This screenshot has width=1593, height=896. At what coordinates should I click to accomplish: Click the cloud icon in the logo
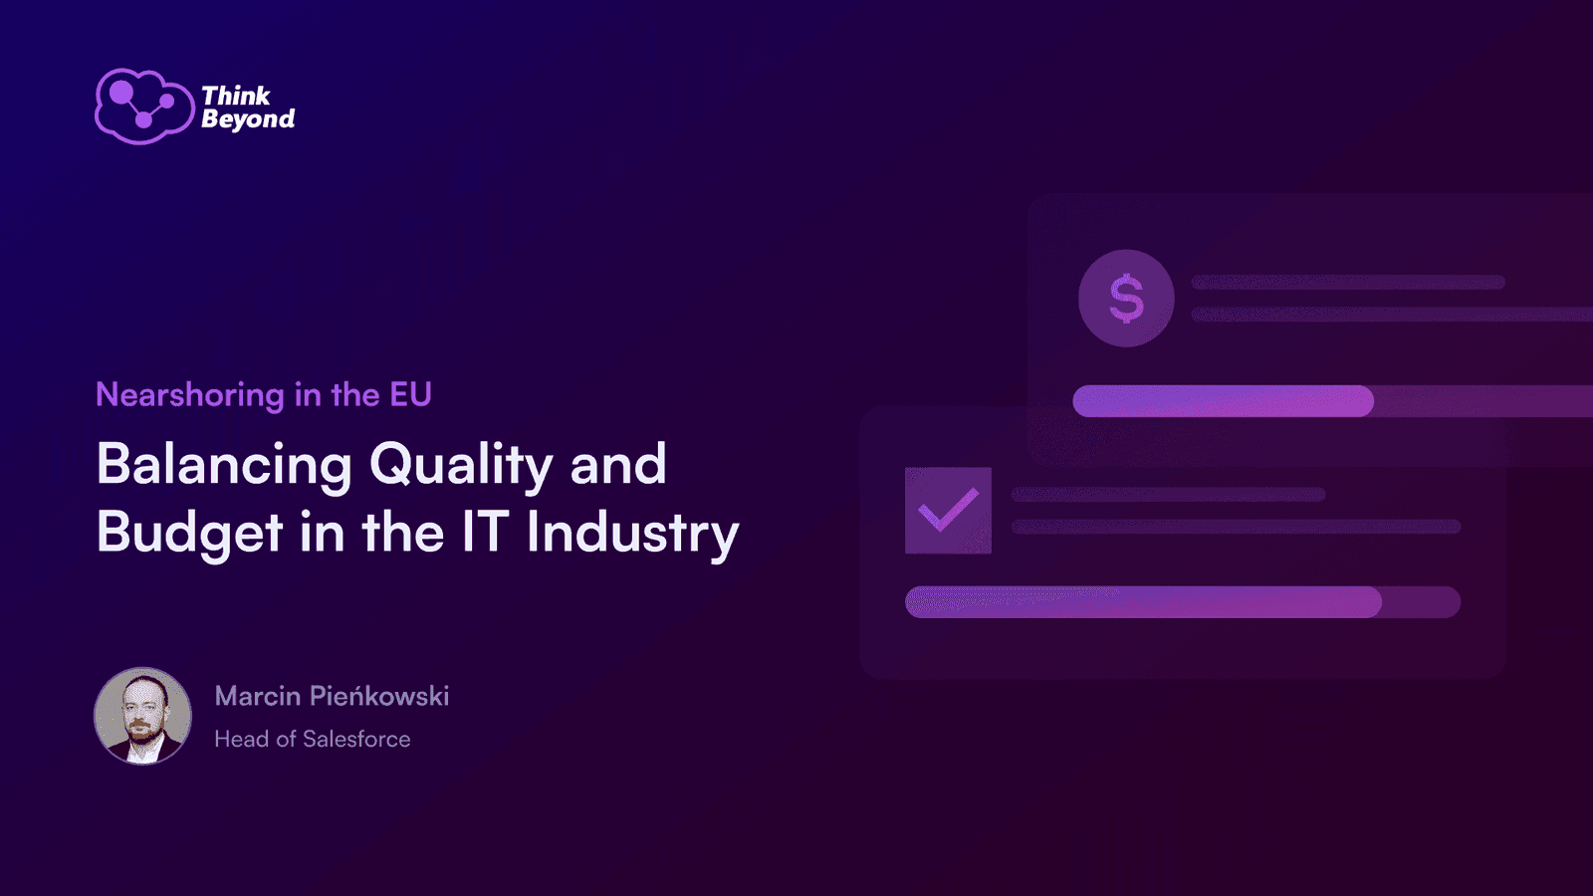click(x=144, y=107)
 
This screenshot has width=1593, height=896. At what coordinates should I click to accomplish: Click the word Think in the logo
click(x=235, y=96)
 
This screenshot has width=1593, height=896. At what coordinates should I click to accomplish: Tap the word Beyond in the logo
click(x=248, y=118)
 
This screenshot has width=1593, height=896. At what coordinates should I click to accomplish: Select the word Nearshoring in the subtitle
click(x=190, y=394)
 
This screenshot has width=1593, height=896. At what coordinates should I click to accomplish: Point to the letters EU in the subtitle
click(x=410, y=394)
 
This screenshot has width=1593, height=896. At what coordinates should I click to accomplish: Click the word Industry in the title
click(x=633, y=534)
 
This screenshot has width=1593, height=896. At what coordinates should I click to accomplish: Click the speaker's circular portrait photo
click(x=143, y=716)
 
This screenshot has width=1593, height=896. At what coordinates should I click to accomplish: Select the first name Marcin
click(x=258, y=696)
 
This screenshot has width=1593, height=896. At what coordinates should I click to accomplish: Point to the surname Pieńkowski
click(x=379, y=696)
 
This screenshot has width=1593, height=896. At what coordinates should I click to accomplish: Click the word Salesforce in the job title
click(x=356, y=739)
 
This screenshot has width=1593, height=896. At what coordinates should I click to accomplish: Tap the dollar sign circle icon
click(x=1126, y=298)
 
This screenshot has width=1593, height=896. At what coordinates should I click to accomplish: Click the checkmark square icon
click(x=948, y=511)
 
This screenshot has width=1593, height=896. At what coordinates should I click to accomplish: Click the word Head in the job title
click(x=242, y=739)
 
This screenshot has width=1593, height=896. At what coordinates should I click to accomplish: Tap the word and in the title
click(x=618, y=464)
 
